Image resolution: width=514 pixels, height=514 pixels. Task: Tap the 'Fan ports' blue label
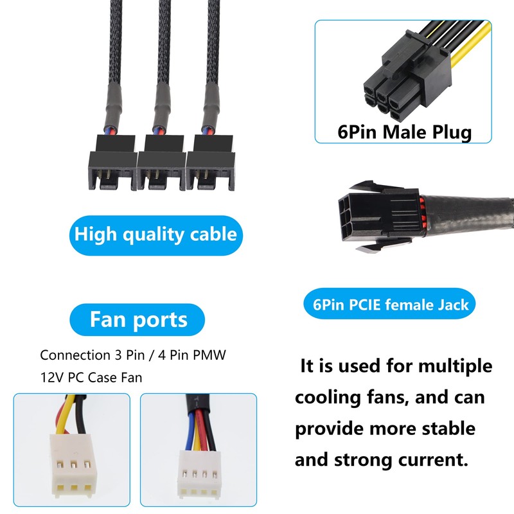pos(139,319)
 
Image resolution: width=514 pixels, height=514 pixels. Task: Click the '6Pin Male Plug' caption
pos(404,132)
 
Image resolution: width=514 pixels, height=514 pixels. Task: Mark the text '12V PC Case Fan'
pos(91,377)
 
